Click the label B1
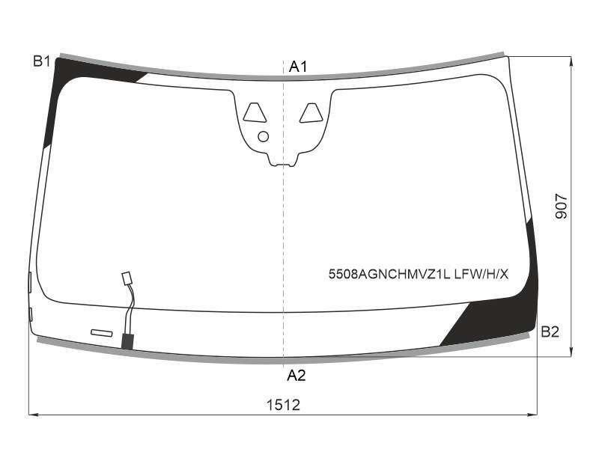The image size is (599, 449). pos(42,61)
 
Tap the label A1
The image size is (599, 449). pos(298,67)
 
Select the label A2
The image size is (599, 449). pos(297,376)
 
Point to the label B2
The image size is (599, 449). pos(550,332)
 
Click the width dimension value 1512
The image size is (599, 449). pos(284,405)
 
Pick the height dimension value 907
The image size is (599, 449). pos(561,207)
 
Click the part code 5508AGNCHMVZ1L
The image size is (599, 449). pos(389,274)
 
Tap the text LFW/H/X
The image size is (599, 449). pos(481,274)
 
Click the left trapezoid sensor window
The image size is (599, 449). pos(255,113)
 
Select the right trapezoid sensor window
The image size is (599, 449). pos(311,113)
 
